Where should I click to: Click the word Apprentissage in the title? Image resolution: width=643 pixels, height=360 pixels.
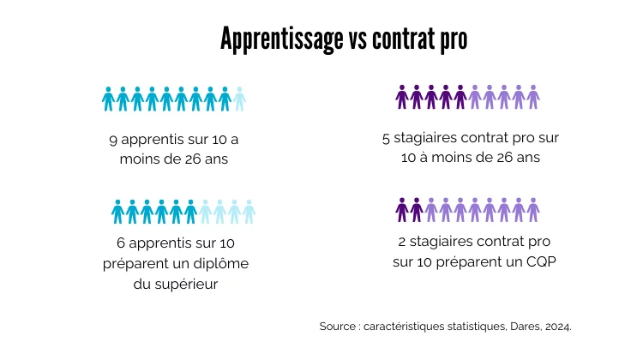281,39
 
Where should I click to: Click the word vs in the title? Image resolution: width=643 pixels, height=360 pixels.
358,39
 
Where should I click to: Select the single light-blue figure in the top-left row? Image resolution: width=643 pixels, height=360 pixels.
239,99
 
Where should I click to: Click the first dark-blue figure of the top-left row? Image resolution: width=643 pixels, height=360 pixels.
108,99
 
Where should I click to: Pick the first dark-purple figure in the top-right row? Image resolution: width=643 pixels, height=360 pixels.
401,98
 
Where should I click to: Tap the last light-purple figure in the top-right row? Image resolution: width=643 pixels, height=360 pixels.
533,98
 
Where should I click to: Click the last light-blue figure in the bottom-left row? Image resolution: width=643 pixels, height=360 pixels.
249,211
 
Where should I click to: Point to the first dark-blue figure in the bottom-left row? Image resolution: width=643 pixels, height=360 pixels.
117,211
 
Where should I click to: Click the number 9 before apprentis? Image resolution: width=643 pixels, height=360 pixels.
114,139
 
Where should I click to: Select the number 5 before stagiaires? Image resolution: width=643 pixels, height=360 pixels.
387,138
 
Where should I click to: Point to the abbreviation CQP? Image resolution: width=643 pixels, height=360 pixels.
539,262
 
